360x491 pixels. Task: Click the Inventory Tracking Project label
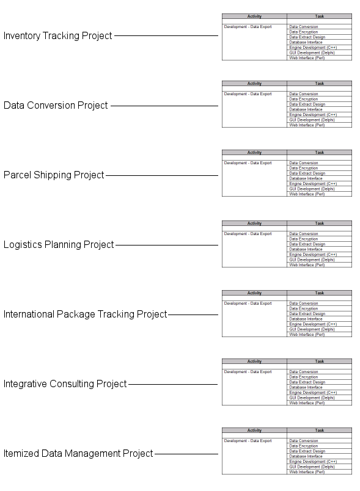pos(57,35)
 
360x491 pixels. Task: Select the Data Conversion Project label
pos(56,105)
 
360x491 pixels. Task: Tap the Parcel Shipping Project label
pos(54,175)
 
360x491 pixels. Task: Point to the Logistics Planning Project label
pos(59,244)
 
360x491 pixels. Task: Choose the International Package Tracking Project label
pos(85,314)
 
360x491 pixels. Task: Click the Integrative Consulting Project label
pos(65,384)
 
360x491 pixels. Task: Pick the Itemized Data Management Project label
pos(78,453)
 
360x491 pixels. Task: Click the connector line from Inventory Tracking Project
pos(166,35)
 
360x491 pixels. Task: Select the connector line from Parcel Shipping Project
pos(162,175)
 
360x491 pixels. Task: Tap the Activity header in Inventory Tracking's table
pos(254,16)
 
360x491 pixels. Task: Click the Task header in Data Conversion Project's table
pos(320,84)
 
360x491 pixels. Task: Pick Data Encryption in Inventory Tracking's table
pos(304,32)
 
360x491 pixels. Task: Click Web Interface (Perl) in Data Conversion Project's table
pos(307,125)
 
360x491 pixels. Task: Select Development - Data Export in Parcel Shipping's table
pos(248,163)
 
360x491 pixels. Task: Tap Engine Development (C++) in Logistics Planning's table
pos(313,255)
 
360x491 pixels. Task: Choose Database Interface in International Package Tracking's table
pos(306,319)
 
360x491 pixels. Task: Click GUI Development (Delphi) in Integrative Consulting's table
pos(312,398)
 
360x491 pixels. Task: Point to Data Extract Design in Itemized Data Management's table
pos(307,451)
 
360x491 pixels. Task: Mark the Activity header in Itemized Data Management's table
pos(254,431)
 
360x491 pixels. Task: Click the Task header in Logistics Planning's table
pos(320,224)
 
